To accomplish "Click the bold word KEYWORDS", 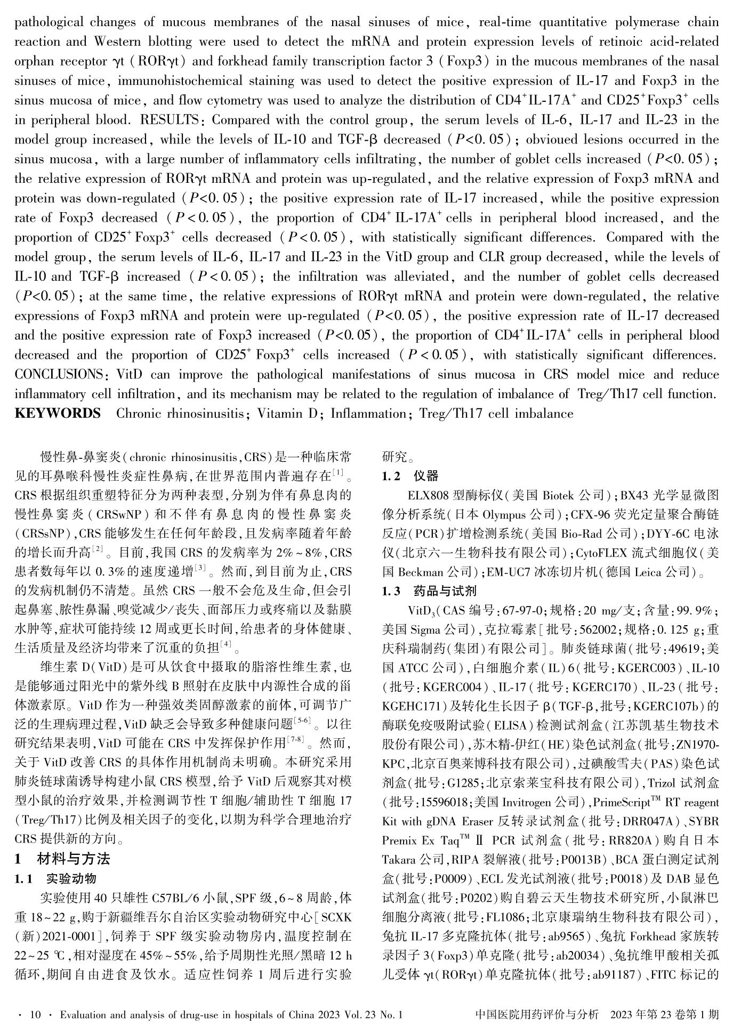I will pos(58,414).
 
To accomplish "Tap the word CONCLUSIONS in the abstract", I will pos(59,375).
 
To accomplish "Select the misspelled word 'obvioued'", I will pos(554,140).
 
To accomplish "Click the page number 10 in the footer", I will pos(36,1015).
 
